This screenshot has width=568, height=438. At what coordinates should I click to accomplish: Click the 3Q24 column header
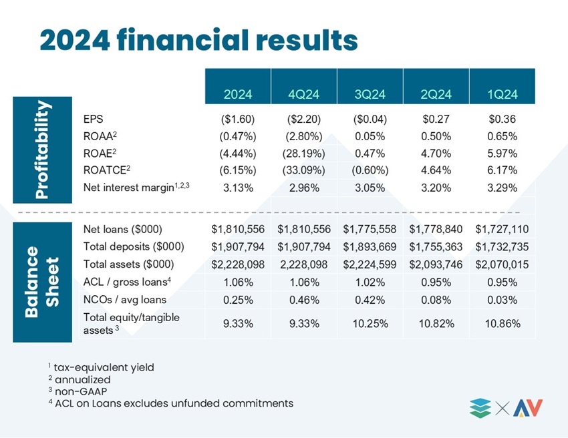(x=370, y=95)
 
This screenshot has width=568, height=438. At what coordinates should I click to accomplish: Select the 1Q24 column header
(x=502, y=95)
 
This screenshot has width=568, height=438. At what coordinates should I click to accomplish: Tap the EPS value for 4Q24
(x=304, y=119)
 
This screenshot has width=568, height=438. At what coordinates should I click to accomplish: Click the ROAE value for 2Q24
(x=436, y=154)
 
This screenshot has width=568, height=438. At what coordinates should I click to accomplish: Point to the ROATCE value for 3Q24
(x=370, y=170)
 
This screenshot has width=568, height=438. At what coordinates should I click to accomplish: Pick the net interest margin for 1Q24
(x=502, y=188)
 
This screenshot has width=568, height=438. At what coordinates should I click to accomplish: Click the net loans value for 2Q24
(x=436, y=229)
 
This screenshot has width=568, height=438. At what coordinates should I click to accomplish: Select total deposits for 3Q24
(x=370, y=247)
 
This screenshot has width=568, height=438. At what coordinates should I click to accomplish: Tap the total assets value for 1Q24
(x=502, y=264)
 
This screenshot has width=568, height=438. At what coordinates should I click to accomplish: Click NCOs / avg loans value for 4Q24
(x=304, y=300)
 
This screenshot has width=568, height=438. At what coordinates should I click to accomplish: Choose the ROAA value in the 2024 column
(x=238, y=136)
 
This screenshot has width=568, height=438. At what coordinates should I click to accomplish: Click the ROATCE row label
(x=106, y=170)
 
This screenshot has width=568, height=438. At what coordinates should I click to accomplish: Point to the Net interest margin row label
(x=136, y=187)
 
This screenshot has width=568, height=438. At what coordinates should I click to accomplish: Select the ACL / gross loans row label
(x=127, y=282)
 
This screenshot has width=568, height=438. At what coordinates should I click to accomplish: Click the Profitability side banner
(x=42, y=150)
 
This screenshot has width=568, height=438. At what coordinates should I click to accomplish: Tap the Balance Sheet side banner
(x=42, y=282)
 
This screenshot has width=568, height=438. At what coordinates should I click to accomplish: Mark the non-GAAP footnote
(x=78, y=391)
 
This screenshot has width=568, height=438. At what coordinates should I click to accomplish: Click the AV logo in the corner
(x=528, y=409)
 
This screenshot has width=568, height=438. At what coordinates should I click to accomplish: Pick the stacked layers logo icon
(x=480, y=409)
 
